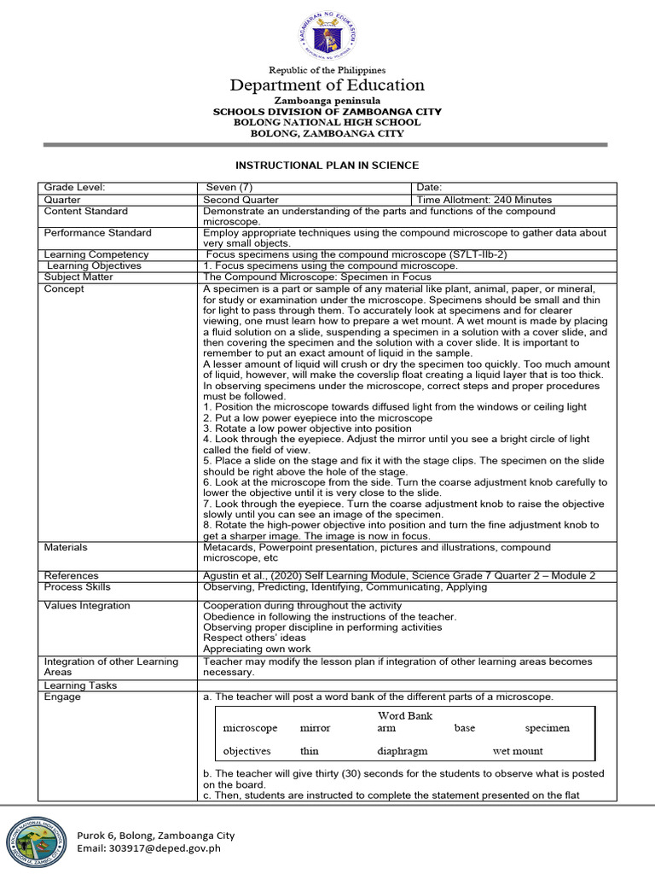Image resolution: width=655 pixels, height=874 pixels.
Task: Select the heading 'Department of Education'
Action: pos(327,85)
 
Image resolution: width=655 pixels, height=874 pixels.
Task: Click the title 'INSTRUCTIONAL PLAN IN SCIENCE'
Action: pos(327,165)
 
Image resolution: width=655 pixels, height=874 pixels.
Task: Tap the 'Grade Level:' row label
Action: pos(74,188)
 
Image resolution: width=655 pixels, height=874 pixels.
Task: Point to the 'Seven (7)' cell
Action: pos(230,188)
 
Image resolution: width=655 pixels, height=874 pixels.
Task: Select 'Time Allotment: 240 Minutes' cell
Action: pos(484,200)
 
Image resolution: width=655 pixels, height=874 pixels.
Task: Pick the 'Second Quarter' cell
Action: pos(241,200)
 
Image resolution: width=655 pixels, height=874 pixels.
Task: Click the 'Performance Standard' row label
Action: pos(98,232)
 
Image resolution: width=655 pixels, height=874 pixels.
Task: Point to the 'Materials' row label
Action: pos(66,547)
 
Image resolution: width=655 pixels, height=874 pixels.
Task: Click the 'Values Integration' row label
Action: pos(87,605)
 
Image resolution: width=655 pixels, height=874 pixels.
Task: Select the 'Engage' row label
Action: pos(62,696)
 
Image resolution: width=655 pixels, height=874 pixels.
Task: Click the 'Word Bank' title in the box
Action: pos(405,715)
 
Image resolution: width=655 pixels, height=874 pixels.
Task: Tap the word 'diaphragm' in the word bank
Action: pos(402,751)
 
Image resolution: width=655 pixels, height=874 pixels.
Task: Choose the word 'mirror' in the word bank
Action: pos(315,728)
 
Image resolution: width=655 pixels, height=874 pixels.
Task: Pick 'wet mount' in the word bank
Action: pos(518,751)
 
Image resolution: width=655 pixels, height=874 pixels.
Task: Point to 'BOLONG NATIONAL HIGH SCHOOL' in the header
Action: pos(327,123)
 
